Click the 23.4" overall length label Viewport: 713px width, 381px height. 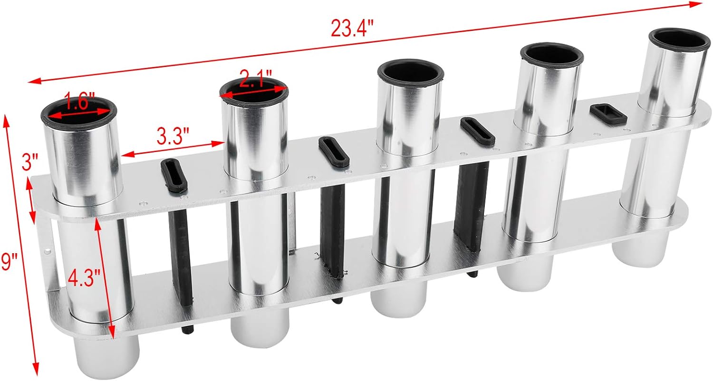tap(352, 29)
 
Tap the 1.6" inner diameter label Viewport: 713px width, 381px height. tap(79, 101)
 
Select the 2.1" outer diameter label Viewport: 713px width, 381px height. tap(256, 78)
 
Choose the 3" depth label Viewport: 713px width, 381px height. tap(30, 162)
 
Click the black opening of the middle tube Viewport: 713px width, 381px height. tap(411, 75)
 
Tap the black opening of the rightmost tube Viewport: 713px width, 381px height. tap(679, 43)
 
